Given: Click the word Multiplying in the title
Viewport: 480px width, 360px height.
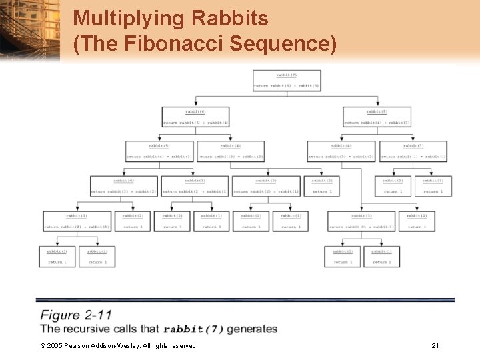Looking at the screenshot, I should (x=119, y=18).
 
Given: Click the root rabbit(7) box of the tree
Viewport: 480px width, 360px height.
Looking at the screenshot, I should (x=287, y=80).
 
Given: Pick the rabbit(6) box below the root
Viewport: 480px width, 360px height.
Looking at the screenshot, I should (x=195, y=117).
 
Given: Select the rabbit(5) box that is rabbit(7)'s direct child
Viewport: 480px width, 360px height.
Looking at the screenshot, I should (x=377, y=117).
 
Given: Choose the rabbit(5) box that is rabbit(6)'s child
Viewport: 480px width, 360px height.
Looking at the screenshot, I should (x=159, y=151).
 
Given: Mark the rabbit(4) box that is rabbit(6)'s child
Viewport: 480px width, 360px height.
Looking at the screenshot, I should (x=231, y=151).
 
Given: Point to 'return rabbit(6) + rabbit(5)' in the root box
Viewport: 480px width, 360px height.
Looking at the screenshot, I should (x=287, y=86).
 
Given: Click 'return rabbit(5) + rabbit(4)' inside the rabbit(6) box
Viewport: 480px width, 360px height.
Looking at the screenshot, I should (x=195, y=123).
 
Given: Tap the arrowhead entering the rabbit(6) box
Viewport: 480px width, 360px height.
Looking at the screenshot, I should (x=195, y=105).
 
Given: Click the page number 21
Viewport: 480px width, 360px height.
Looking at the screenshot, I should (x=435, y=345).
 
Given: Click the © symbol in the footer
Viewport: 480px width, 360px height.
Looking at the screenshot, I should (x=43, y=345).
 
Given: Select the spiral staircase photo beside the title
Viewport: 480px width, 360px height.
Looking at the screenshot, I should (x=30, y=30).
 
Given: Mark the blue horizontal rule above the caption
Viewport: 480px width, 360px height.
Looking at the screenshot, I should (x=245, y=300).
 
